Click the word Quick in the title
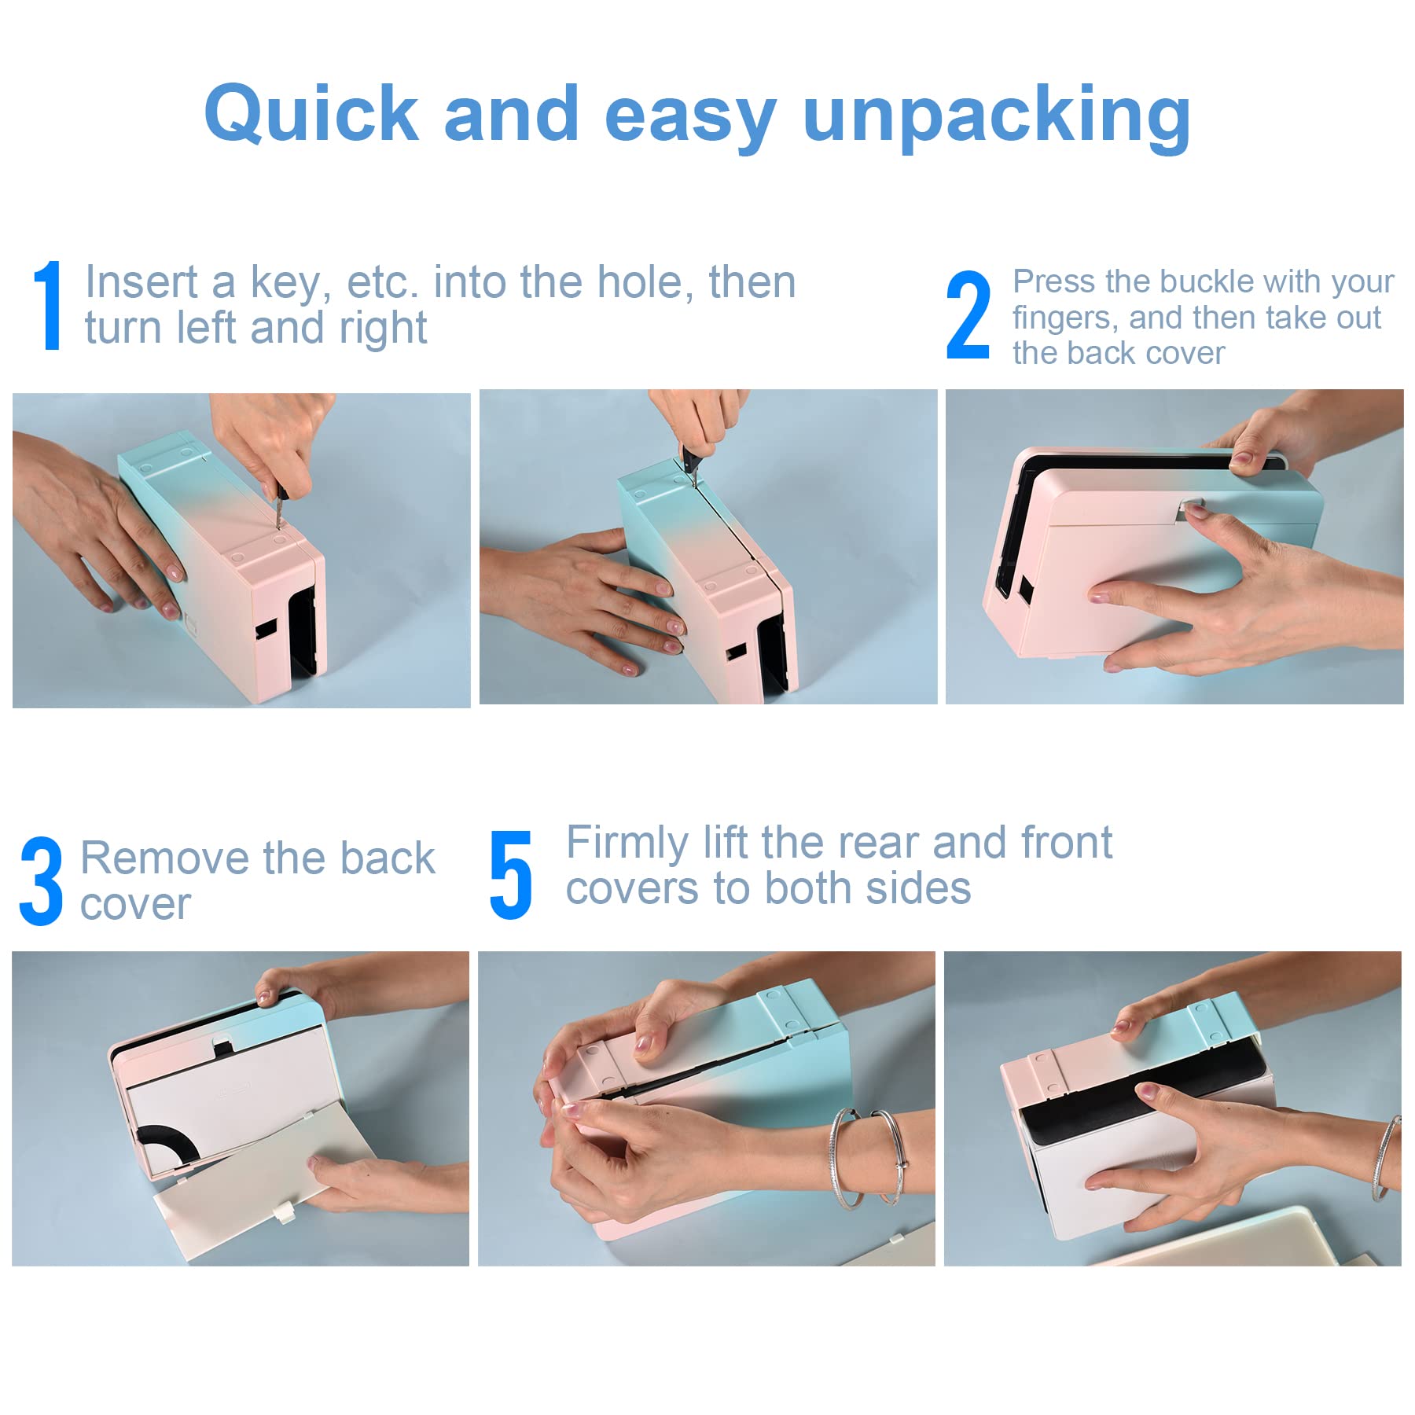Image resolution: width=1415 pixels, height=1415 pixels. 311,115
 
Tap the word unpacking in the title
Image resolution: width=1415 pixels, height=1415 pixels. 997,118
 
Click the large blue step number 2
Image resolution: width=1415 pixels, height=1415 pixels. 968,315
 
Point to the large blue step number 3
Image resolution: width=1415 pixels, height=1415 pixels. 41,880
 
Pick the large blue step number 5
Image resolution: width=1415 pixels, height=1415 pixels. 511,875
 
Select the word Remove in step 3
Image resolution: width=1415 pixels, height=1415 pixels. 165,858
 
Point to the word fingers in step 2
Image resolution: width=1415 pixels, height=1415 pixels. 1064,318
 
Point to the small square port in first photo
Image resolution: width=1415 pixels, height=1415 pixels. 266,628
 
